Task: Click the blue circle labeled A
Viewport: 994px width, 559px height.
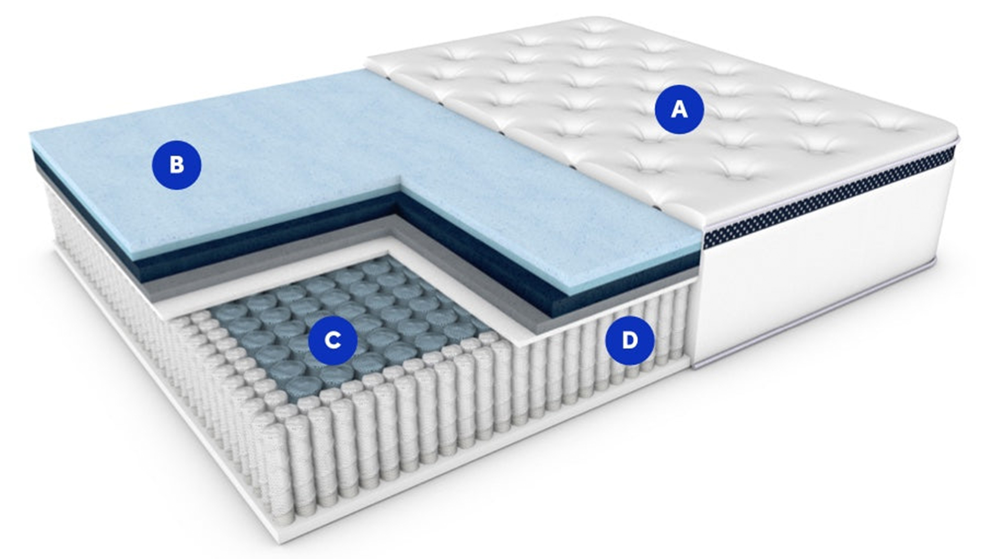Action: coord(679,109)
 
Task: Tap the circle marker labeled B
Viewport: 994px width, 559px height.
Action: coord(177,165)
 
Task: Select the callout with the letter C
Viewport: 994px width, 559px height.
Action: coord(332,340)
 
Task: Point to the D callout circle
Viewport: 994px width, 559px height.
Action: coord(630,340)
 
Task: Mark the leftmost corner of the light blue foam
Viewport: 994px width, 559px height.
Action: coord(31,135)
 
